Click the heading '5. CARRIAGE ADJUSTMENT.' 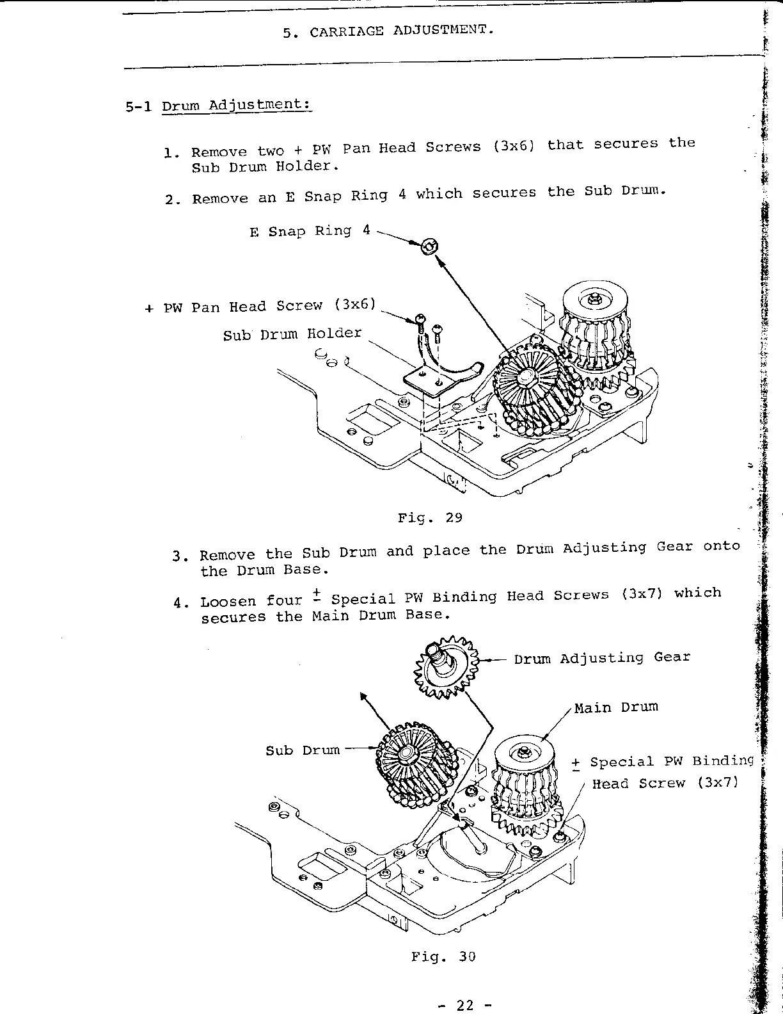[388, 30]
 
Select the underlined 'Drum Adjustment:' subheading [237, 105]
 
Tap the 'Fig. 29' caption [430, 517]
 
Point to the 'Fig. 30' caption [443, 956]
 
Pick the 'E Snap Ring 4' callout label [310, 230]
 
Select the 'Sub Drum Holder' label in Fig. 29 [292, 334]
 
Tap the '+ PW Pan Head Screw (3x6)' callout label [259, 306]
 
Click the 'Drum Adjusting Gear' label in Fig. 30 [602, 657]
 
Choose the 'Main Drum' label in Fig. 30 [616, 707]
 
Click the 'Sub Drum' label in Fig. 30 [303, 750]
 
